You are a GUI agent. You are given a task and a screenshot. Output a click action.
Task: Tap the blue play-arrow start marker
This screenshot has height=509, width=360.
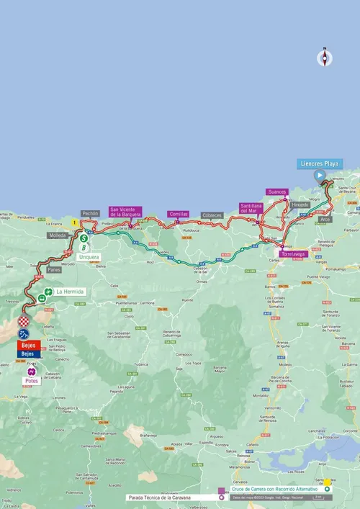tap(318, 175)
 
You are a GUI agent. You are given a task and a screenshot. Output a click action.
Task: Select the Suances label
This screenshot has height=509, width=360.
tap(276, 192)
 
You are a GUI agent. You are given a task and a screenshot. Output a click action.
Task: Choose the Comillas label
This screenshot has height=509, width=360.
tap(178, 214)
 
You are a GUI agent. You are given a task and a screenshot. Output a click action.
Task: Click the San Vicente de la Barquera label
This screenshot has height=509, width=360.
tap(125, 211)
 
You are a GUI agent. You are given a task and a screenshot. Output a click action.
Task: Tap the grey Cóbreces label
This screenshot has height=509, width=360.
tap(212, 215)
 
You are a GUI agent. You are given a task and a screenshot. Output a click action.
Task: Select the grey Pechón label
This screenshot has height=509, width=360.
tap(90, 214)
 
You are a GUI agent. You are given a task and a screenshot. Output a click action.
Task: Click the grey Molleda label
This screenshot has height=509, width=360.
tap(57, 235)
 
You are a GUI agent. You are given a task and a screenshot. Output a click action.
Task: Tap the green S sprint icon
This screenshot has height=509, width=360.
tap(84, 238)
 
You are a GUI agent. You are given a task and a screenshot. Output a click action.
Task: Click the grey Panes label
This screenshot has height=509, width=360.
tap(53, 269)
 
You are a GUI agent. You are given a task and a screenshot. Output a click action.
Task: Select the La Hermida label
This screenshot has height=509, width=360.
tap(70, 292)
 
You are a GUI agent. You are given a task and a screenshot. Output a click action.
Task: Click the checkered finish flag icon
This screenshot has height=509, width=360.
tap(24, 321)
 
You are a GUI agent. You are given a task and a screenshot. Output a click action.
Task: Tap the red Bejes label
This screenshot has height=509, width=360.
tap(27, 346)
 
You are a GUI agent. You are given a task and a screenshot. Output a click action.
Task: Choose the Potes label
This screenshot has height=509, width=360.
tap(31, 380)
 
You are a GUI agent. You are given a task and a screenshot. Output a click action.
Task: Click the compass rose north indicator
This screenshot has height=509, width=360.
tap(324, 58)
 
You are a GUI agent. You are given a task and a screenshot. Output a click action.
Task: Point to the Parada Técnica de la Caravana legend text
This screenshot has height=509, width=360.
tap(171, 497)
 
